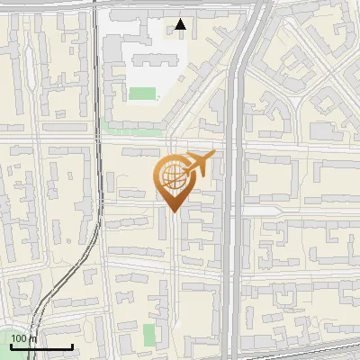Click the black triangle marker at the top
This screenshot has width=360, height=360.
pos(181,24)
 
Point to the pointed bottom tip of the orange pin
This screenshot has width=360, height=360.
pos(174,212)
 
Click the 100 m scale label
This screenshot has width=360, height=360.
pos(24,338)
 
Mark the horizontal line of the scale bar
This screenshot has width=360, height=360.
pos(40,346)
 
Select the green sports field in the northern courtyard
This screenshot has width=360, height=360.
pos(142,93)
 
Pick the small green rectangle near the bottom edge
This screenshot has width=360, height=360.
pos(149,336)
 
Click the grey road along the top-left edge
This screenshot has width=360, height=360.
pos(45,4)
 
